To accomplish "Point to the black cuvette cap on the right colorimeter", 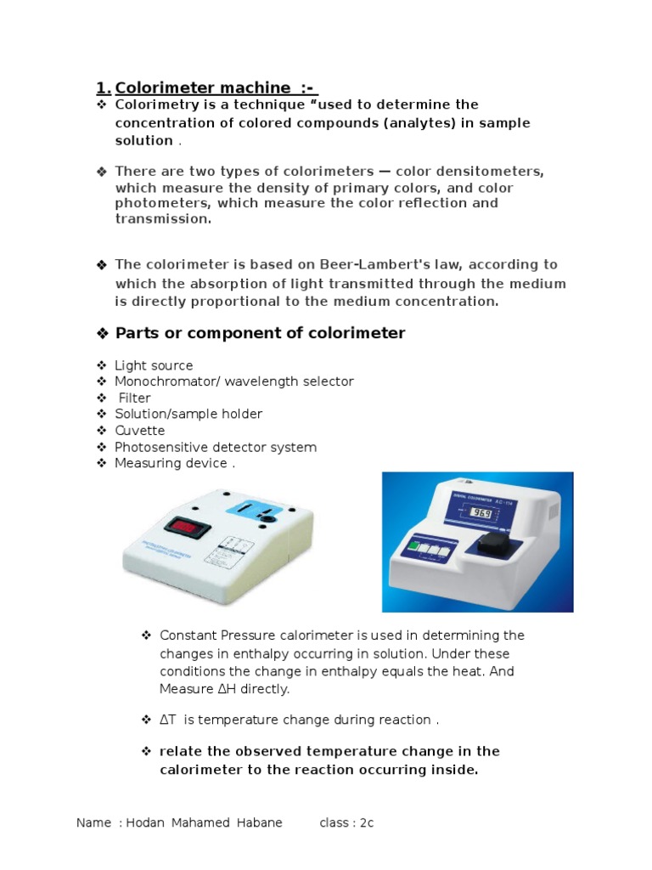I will coord(494,543).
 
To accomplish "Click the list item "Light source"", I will coord(154,365).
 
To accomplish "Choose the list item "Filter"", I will coord(135,398).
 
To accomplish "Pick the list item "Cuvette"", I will coord(140,431).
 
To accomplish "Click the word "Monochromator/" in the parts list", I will coord(166,381).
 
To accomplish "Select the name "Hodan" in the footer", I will coord(145,822).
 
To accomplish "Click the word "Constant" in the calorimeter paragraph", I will coord(188,636).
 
